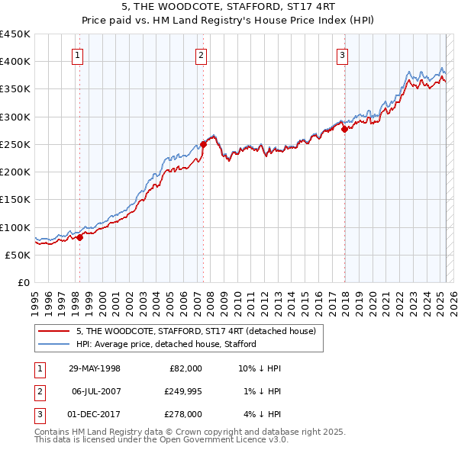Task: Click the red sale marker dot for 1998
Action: [x=79, y=237]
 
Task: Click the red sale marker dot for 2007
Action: [x=204, y=144]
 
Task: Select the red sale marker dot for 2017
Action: [x=344, y=129]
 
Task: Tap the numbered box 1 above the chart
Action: [x=79, y=55]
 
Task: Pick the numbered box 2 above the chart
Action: [x=200, y=55]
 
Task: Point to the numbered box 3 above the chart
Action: [x=343, y=55]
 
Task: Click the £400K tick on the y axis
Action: [x=16, y=62]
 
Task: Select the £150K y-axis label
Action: [x=16, y=200]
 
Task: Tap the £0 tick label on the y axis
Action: [x=24, y=283]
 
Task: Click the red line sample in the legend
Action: [x=54, y=330]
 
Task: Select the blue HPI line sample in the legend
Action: [x=54, y=344]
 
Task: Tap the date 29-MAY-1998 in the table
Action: [x=95, y=368]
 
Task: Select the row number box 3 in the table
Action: [x=39, y=414]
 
